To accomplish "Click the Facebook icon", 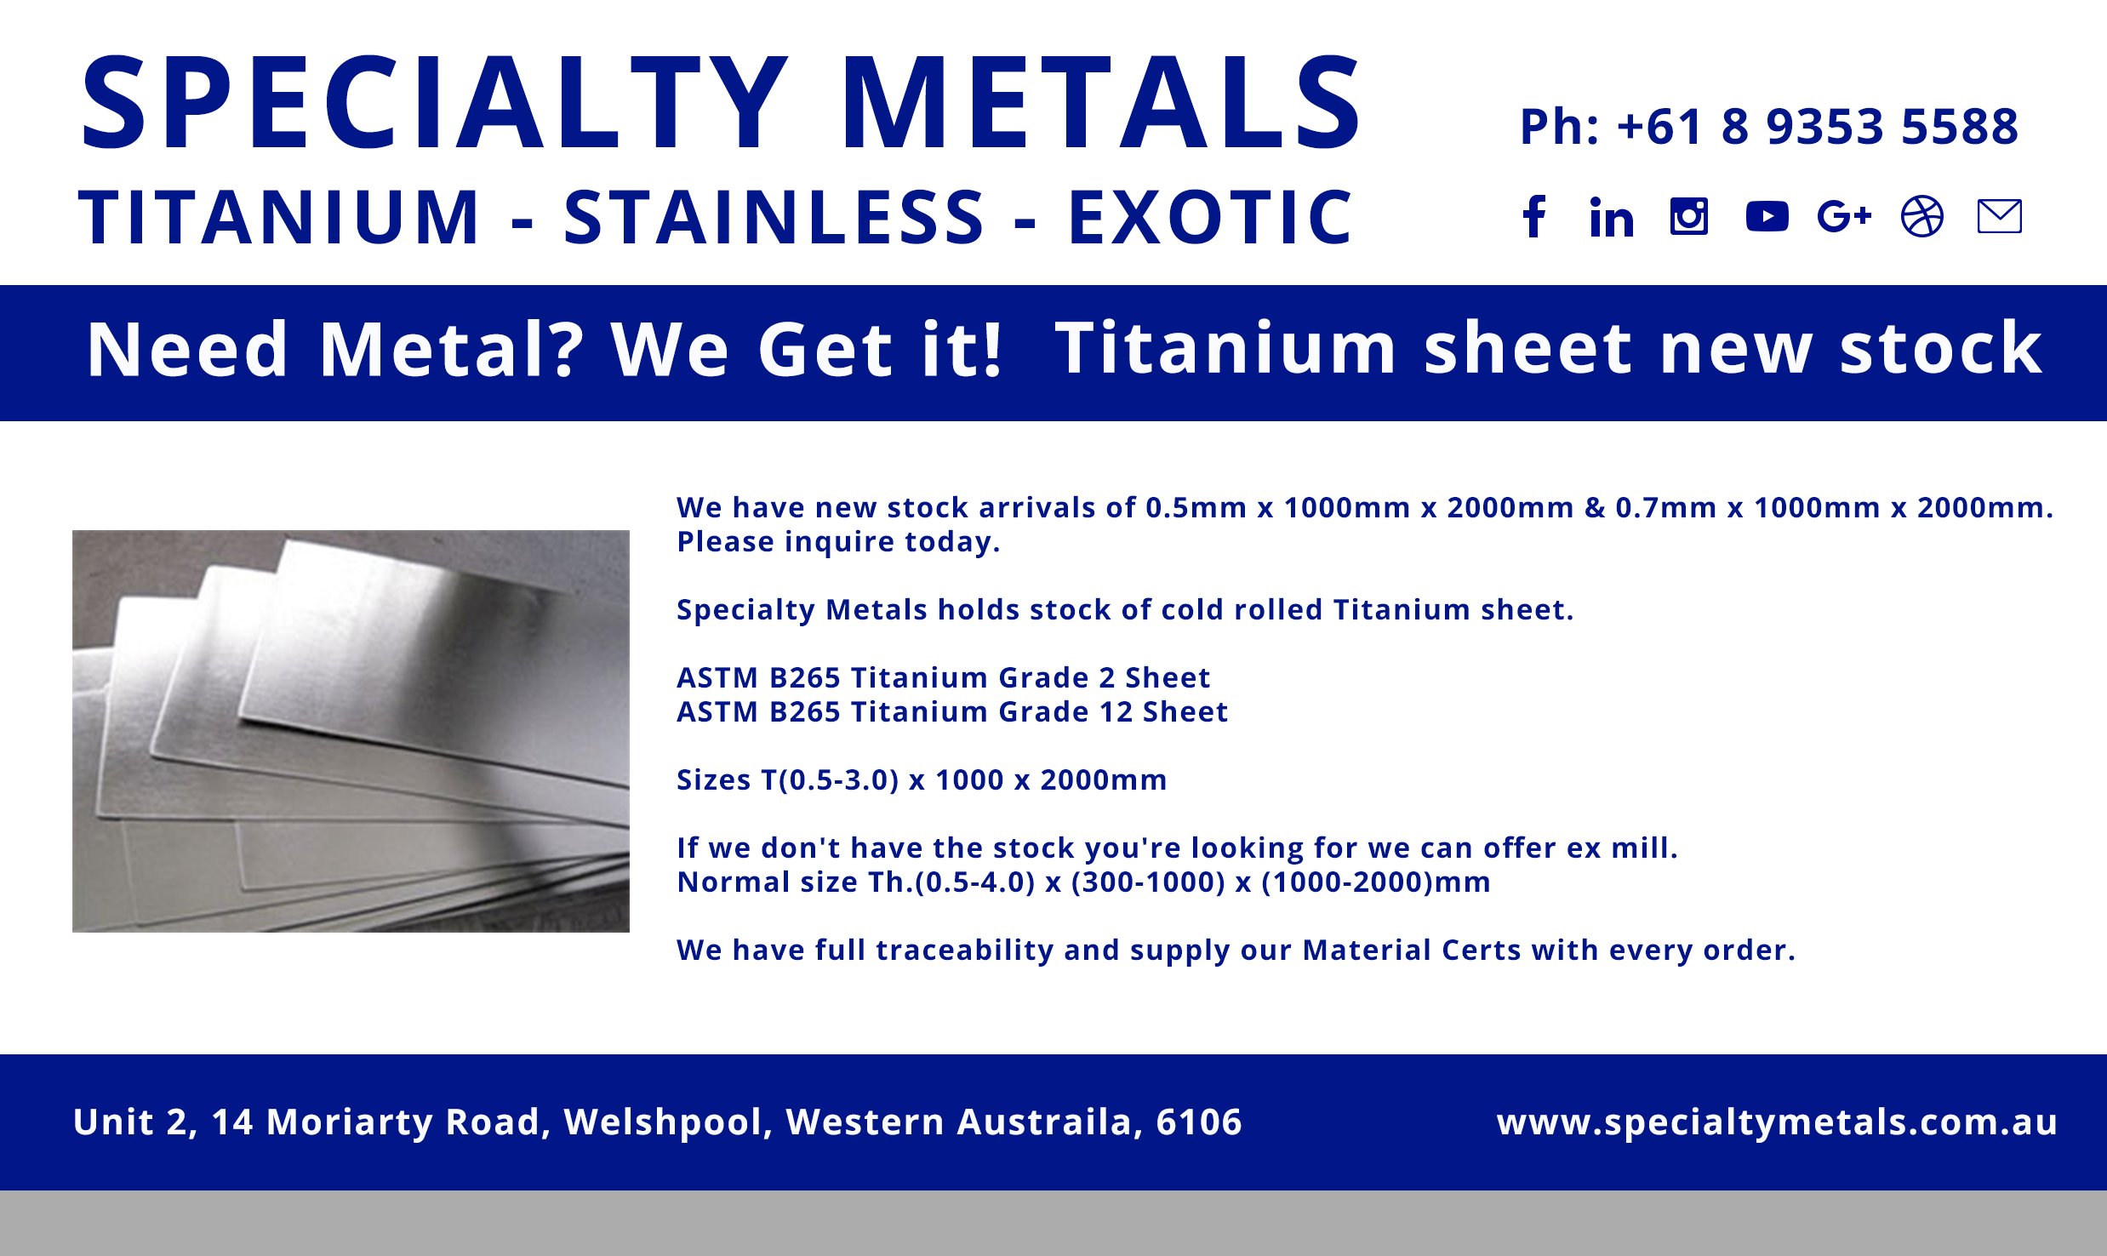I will click(x=1534, y=216).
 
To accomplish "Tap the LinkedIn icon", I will click(x=1612, y=217).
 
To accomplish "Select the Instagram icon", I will click(x=1689, y=216).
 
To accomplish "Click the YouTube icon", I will click(x=1767, y=216).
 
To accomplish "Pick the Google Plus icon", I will click(x=1844, y=216).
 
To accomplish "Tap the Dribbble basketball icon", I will click(x=1922, y=216).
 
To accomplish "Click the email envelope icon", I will click(x=1999, y=216).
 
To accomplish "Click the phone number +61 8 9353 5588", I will click(x=1817, y=127).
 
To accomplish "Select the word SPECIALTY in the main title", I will click(x=434, y=104).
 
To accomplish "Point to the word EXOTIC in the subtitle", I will click(x=1209, y=218).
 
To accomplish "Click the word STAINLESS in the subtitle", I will click(x=774, y=218).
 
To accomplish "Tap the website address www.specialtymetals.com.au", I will click(x=1777, y=1122).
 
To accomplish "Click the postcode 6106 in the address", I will click(x=1199, y=1122).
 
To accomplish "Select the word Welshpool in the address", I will click(x=668, y=1122).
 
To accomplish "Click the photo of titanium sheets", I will click(x=351, y=731).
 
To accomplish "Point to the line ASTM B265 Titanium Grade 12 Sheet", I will click(x=951, y=711).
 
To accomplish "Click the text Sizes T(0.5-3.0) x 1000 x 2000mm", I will click(x=922, y=779).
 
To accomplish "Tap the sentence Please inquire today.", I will click(x=838, y=541).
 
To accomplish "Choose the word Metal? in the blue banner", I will click(x=452, y=350).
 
